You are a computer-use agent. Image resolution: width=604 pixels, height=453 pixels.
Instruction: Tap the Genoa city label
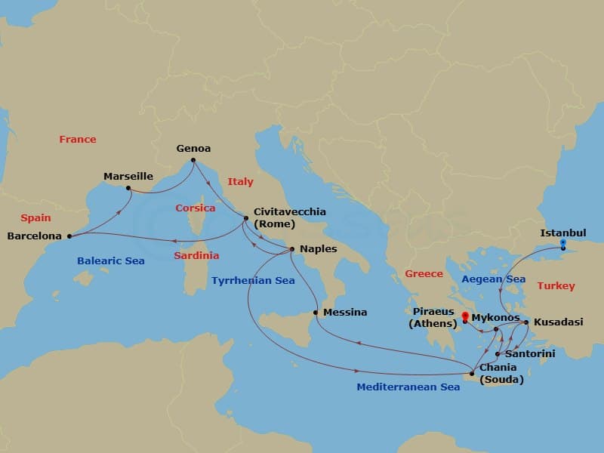[193, 149]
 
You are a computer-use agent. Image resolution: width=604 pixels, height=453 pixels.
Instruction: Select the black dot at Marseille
[128, 188]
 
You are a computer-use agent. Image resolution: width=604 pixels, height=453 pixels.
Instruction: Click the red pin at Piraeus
[465, 317]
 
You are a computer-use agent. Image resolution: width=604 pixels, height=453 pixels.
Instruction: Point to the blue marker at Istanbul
[562, 243]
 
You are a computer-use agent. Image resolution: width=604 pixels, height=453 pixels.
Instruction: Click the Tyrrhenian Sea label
[253, 280]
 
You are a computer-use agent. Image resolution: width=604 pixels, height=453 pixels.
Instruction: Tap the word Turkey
[556, 285]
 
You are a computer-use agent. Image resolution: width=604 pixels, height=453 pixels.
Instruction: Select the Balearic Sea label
[110, 261]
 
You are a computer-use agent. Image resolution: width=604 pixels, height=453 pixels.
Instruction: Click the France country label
[78, 139]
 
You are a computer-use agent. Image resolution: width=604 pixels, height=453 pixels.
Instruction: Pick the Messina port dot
[316, 312]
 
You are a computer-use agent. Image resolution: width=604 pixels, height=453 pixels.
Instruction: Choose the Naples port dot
[292, 249]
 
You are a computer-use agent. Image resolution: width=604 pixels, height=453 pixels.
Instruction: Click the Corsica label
[196, 208]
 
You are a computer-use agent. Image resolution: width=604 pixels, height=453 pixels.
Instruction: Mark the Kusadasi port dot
[526, 322]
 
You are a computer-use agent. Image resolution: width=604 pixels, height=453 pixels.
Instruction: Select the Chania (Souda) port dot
[472, 373]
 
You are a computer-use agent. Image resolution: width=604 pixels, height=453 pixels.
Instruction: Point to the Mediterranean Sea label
[408, 387]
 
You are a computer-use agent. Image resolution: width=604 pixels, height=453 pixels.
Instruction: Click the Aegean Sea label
[493, 279]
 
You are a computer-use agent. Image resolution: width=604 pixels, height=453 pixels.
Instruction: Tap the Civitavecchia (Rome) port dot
[246, 220]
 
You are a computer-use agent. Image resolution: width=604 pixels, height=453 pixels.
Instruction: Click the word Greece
[424, 273]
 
